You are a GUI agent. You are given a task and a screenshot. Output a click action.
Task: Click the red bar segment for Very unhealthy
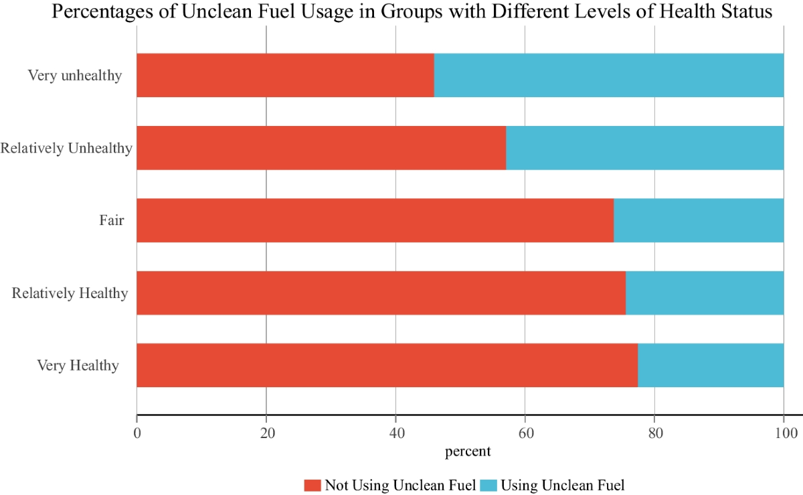point(285,75)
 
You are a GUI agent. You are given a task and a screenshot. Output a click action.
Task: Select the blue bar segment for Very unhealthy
point(609,75)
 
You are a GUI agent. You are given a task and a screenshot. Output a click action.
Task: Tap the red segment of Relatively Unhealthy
point(321,148)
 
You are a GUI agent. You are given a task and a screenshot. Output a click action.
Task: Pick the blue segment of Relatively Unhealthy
point(645,148)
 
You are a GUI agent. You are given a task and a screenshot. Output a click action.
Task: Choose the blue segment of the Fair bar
point(699,220)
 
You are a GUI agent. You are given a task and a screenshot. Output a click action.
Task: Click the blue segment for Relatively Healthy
point(705,293)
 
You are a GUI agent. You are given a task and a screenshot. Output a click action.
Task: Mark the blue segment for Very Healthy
point(711,365)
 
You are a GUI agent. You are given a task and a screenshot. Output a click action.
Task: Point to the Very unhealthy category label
point(75,75)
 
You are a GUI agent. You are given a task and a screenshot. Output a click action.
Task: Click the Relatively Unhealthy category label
point(66,148)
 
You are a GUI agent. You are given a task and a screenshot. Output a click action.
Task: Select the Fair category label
point(112,220)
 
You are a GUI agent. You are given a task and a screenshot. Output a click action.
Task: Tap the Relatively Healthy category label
point(70,293)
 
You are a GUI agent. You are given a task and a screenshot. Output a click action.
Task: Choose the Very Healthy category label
point(78,366)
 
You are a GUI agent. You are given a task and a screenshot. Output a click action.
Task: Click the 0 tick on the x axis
point(137,433)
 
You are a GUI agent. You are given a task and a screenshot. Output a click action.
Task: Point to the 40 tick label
point(395,433)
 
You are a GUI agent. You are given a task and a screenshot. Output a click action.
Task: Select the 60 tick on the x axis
point(525,433)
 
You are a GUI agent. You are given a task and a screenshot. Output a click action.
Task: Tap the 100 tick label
point(784,433)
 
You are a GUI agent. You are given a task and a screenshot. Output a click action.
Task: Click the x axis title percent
point(468,451)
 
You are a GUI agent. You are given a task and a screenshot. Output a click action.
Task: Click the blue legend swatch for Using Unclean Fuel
point(488,485)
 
